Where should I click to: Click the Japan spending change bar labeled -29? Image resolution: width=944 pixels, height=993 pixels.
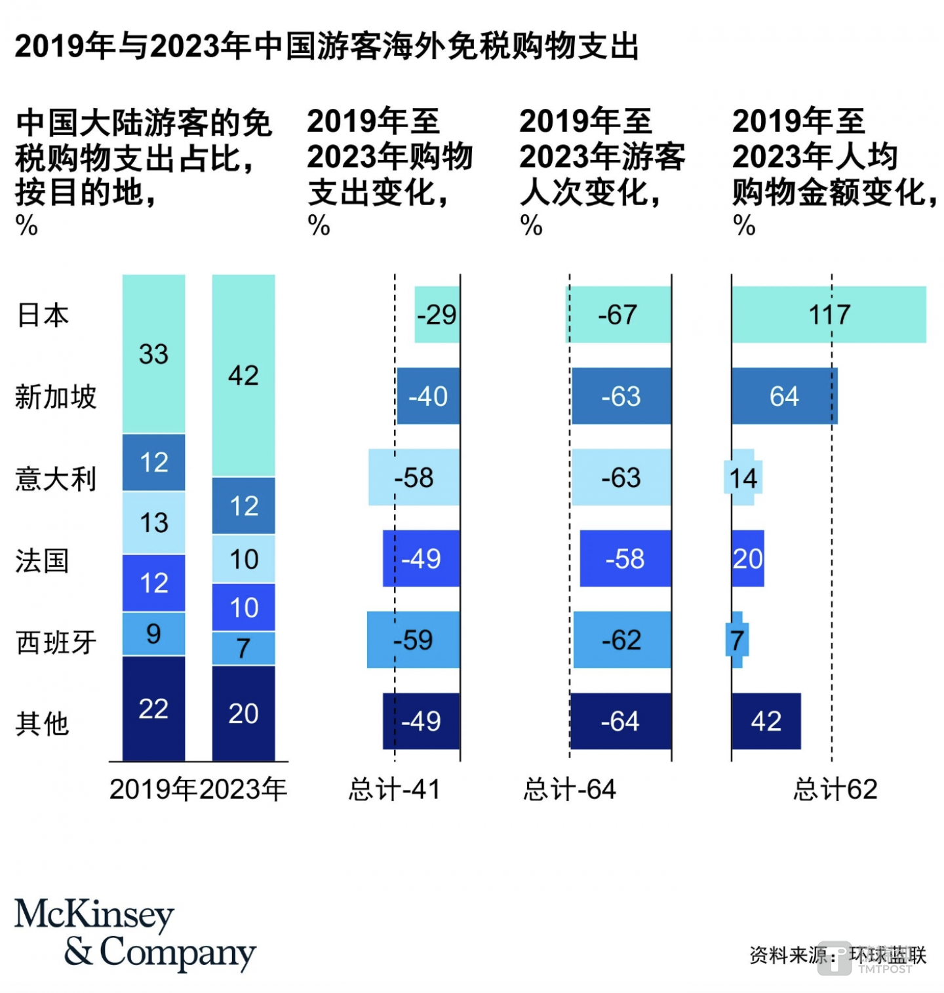437,315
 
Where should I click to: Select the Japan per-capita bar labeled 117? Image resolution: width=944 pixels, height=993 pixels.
829,315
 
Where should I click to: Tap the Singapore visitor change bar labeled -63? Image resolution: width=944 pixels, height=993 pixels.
621,396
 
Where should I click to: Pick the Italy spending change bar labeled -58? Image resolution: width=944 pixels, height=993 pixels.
414,477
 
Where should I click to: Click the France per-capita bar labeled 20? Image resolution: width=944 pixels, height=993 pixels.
747,558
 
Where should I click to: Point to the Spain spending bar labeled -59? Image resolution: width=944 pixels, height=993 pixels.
413,640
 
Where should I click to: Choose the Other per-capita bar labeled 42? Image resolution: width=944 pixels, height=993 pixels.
766,721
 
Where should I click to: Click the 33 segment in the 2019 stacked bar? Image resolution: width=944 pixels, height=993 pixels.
153,354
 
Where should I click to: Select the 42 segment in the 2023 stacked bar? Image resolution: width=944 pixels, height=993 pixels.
243,376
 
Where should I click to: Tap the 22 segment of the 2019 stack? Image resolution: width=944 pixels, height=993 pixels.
153,709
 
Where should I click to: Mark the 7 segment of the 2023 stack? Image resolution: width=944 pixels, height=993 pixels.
243,648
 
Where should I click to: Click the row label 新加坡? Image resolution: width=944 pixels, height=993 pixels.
56,397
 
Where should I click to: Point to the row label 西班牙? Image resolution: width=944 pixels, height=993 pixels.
56,642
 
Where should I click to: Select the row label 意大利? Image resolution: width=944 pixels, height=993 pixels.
56,478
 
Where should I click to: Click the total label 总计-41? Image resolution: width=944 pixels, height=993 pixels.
394,789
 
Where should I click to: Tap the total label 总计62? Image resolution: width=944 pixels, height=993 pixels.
835,789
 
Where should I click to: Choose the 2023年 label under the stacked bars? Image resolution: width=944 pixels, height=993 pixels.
243,789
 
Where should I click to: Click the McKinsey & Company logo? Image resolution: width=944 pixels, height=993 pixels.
134,933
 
